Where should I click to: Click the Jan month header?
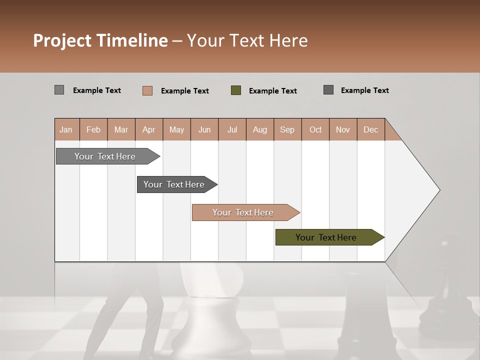pos(66,129)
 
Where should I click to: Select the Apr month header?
pos(149,129)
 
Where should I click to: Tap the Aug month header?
pos(260,129)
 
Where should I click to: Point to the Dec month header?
pos(370,129)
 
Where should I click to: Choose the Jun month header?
pos(204,129)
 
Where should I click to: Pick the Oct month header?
pos(315,129)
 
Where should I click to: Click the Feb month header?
pos(93,129)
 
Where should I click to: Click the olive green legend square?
pos(236,90)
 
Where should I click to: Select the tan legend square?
pos(147,90)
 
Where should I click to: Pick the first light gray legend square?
pos(59,90)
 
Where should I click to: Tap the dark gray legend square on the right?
pos(328,90)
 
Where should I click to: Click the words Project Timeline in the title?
pos(100,40)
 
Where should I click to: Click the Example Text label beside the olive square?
pos(273,91)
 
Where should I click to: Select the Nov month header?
pos(343,129)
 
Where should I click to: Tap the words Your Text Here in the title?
pos(247,40)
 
